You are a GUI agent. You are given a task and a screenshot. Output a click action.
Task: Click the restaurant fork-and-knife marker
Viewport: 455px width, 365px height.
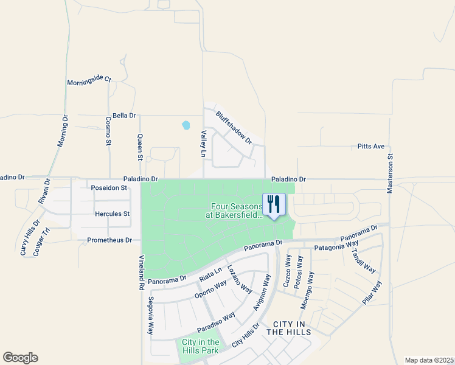click(x=274, y=204)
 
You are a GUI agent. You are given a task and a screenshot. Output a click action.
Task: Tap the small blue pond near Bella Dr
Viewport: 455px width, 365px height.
click(x=186, y=125)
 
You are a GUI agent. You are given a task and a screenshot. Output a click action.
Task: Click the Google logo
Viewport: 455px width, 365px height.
click(x=20, y=358)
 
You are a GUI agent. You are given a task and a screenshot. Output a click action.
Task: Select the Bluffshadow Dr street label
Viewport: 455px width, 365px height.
click(x=234, y=127)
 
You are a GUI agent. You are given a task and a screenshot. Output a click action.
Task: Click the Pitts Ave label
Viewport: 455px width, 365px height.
click(x=370, y=147)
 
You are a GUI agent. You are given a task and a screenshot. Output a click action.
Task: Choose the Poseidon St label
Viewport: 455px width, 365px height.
click(x=109, y=188)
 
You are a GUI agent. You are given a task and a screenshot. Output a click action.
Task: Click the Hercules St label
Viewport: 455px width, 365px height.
click(x=113, y=214)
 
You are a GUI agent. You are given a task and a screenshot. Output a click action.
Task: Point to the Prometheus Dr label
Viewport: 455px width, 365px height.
click(x=109, y=240)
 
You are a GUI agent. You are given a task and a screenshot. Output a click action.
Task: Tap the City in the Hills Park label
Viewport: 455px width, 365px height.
click(x=200, y=347)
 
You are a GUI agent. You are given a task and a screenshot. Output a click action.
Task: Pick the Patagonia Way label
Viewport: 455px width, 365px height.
click(x=336, y=246)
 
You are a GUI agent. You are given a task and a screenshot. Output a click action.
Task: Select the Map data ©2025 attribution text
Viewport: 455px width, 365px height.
click(x=428, y=360)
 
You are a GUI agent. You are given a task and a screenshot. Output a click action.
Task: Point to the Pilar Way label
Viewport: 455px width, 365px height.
click(x=372, y=293)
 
